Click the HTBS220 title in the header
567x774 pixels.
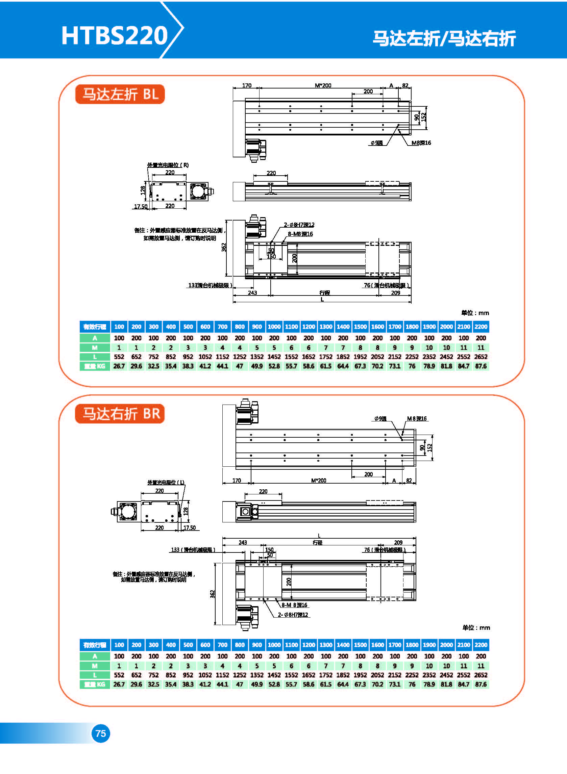coord(114,35)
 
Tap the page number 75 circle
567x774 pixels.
coord(101,733)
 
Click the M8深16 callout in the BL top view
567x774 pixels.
coord(421,143)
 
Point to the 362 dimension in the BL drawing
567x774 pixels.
coord(224,247)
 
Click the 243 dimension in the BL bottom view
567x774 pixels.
coord(252,292)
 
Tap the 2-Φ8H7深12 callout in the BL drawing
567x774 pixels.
coord(299,225)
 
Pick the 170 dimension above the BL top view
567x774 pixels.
coord(246,85)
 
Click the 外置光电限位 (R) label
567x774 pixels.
coord(168,165)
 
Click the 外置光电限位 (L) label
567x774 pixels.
coord(166,482)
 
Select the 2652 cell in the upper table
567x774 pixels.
coord(480,357)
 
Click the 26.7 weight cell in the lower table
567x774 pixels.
coord(119,684)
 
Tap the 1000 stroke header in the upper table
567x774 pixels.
coord(274,327)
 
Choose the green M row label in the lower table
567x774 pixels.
coord(95,666)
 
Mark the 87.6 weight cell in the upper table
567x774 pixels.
coord(480,366)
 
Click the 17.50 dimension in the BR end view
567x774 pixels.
coord(190,527)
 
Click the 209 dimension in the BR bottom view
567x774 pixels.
coord(398,542)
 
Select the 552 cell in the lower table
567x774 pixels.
coord(119,675)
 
